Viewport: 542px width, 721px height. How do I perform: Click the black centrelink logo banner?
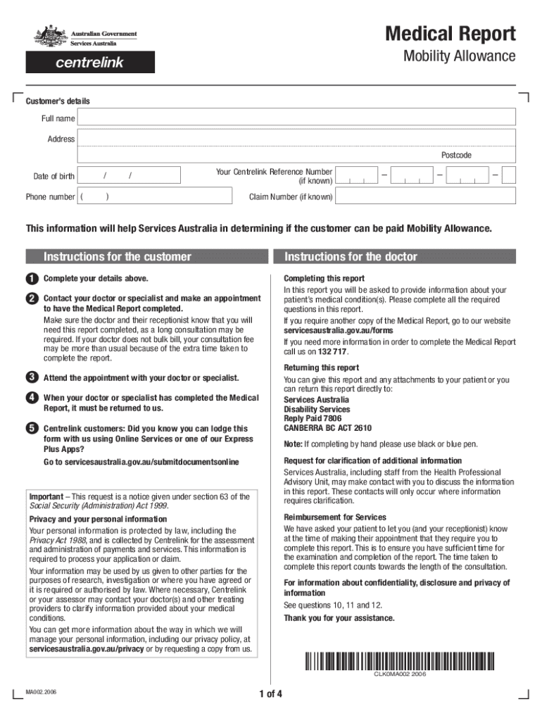(x=90, y=63)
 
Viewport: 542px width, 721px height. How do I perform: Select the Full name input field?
(x=296, y=118)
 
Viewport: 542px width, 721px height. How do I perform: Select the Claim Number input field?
(x=425, y=197)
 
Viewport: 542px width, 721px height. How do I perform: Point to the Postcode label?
(x=456, y=155)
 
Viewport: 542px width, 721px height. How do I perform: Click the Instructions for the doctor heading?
(x=351, y=257)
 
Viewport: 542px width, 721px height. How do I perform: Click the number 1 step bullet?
(x=32, y=279)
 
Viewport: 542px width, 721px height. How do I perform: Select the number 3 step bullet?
(x=32, y=378)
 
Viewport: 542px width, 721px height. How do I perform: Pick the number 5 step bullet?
(x=32, y=429)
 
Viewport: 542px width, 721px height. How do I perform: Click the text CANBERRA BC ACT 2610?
(x=327, y=428)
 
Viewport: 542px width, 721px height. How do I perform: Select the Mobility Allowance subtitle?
(x=459, y=56)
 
